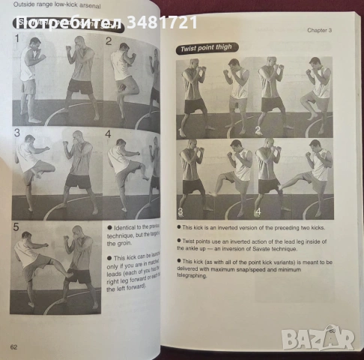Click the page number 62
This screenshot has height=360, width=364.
point(13,346)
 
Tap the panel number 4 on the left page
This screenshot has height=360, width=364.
point(108,135)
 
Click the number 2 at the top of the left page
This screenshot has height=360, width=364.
point(109,41)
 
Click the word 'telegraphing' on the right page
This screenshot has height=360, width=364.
point(201,297)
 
